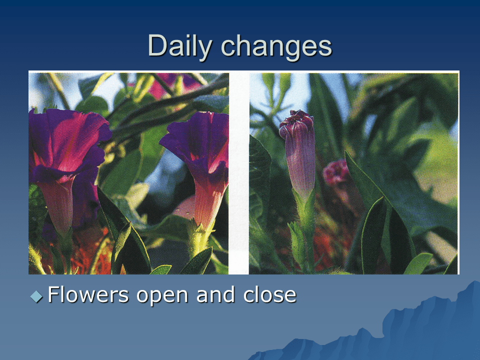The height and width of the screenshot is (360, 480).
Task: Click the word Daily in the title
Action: [180, 46]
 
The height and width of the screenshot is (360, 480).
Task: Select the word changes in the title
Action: [276, 46]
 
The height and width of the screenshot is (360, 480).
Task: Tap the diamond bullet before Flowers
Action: [36, 296]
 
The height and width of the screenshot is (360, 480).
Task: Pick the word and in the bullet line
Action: [217, 295]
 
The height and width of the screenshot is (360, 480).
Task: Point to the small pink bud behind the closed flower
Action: [336, 172]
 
